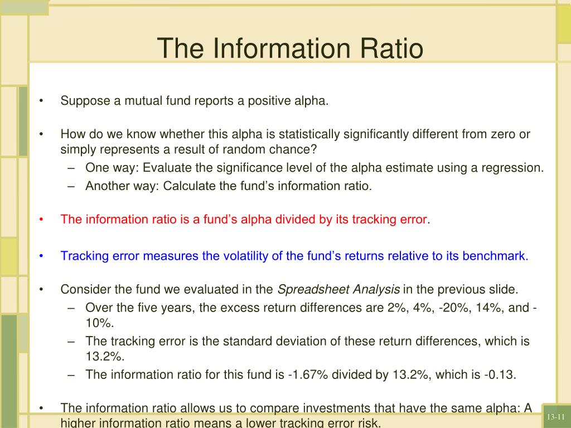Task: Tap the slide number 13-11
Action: pos(556,417)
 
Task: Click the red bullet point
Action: pos(41,220)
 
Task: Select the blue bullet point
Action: pos(41,256)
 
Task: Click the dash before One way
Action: pos(71,168)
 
